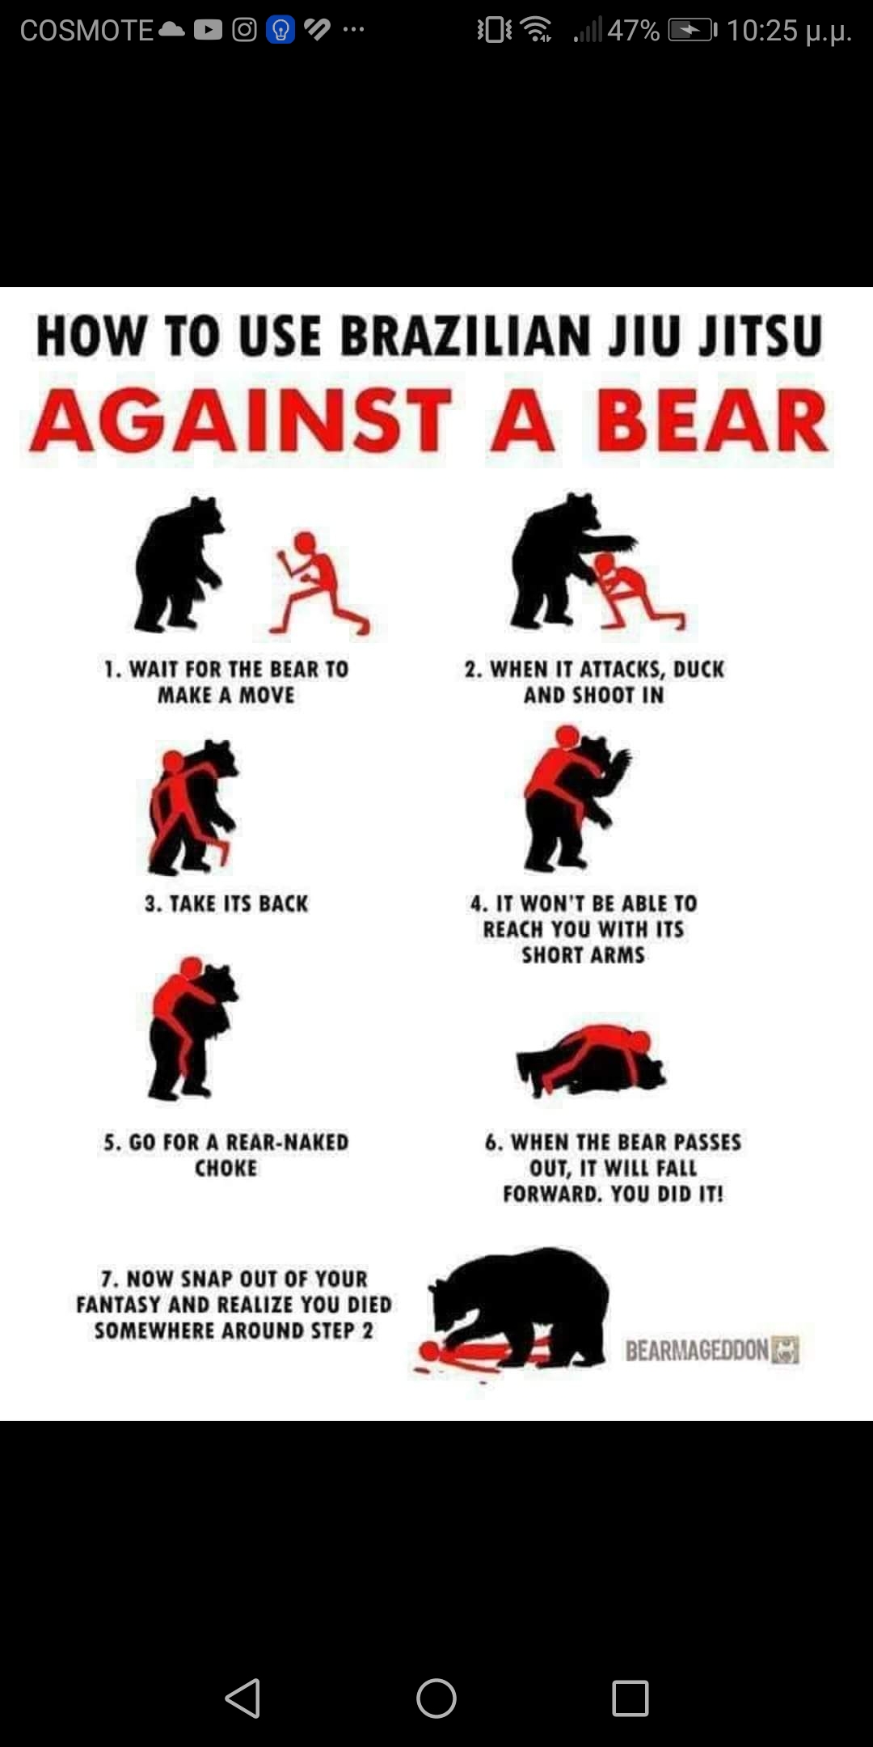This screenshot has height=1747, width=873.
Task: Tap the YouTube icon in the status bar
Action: pos(208,30)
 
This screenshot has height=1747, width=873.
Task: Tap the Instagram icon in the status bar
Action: pos(244,30)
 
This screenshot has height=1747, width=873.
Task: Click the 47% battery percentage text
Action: pos(634,31)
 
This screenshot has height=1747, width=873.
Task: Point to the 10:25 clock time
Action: pos(761,31)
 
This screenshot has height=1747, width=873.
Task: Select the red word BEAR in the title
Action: pos(712,421)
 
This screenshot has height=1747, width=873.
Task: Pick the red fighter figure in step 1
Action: pos(318,582)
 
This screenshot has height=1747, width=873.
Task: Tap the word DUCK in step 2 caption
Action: pos(698,669)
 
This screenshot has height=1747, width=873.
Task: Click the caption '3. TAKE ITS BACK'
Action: pos(226,903)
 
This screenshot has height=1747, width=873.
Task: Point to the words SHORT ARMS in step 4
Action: pos(583,955)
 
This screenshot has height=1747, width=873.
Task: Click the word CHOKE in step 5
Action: pos(226,1168)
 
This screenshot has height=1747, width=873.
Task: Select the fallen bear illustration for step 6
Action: pos(591,1060)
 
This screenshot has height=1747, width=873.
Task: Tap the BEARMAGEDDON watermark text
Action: pos(697,1350)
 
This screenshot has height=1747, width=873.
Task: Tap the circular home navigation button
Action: pos(436,1698)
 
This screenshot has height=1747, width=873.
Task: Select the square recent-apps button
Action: pos(630,1698)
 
